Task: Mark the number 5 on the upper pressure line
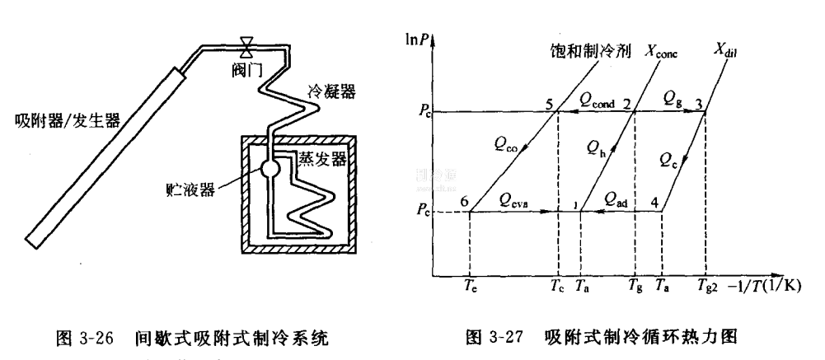(x=548, y=103)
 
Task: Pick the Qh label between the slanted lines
(x=597, y=147)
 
